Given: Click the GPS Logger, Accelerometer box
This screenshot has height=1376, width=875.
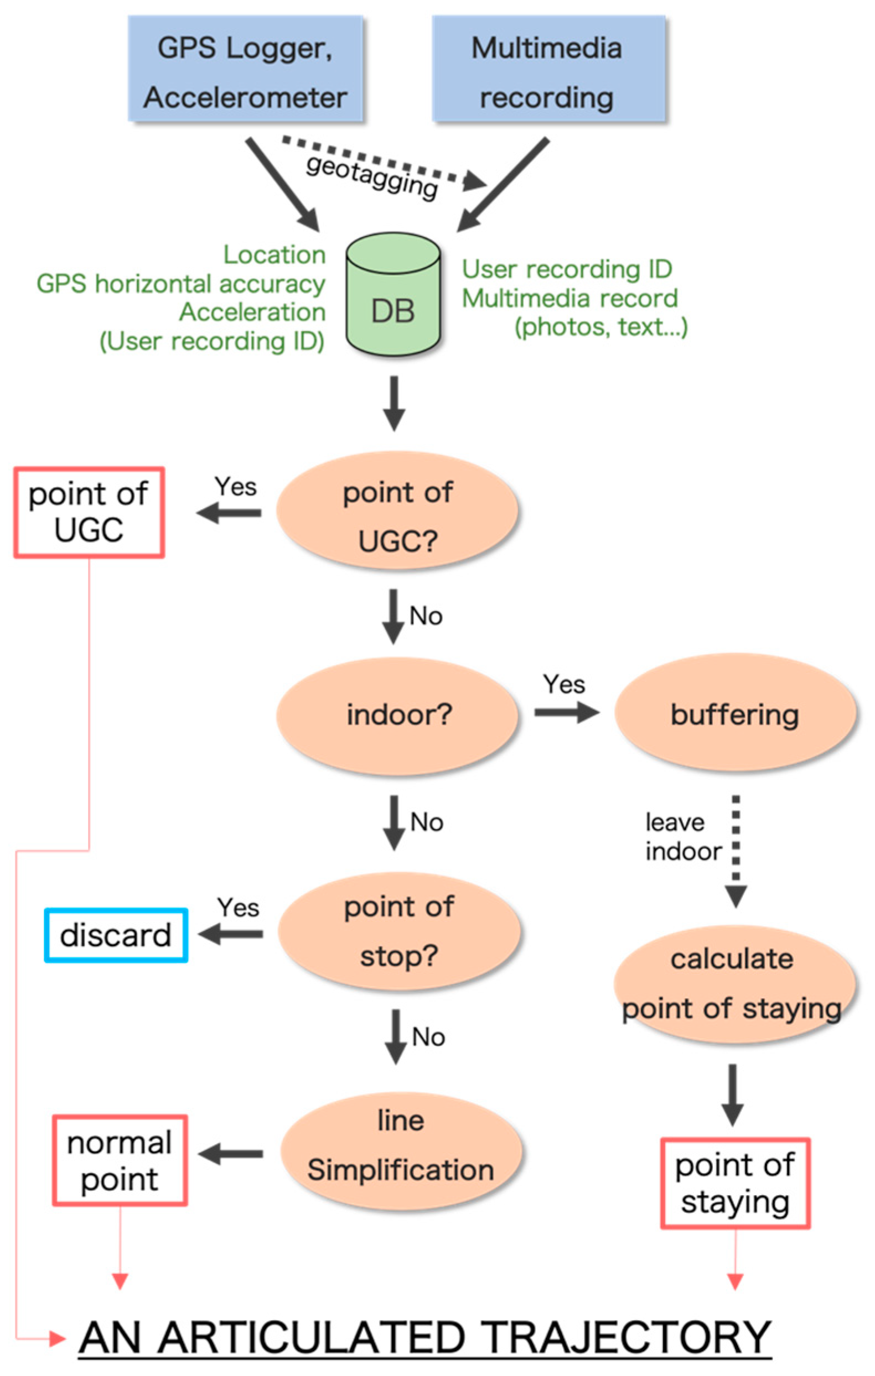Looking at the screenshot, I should pyautogui.click(x=245, y=69).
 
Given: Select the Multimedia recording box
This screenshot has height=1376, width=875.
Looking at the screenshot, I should pyautogui.click(x=548, y=69).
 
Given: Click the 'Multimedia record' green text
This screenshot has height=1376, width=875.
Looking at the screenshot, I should pyautogui.click(x=569, y=298).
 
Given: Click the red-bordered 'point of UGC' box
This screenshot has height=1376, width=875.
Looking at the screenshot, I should pyautogui.click(x=89, y=512).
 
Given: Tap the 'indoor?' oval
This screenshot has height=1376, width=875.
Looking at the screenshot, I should pyautogui.click(x=397, y=715).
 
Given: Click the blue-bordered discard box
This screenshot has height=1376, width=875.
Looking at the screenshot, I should pyautogui.click(x=116, y=935).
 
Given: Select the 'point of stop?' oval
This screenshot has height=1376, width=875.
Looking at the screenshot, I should pyautogui.click(x=399, y=931).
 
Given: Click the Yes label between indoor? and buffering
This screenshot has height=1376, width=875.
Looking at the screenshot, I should pyautogui.click(x=564, y=684).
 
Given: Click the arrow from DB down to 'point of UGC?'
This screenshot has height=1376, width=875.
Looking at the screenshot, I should pyautogui.click(x=394, y=403).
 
